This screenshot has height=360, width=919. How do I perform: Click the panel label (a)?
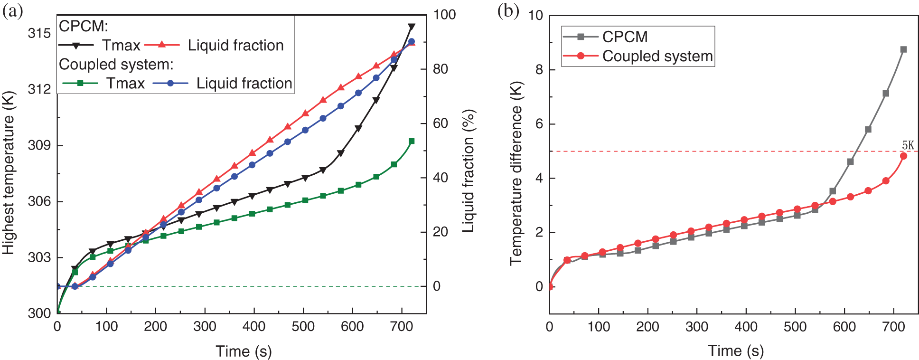click(x=13, y=11)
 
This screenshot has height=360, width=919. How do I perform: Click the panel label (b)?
click(x=508, y=11)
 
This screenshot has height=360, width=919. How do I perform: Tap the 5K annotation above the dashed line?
click(x=908, y=145)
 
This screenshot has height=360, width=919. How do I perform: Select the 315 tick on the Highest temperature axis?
click(x=39, y=33)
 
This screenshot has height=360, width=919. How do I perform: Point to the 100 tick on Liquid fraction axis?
click(x=444, y=15)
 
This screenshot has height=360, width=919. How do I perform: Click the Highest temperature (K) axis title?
click(x=9, y=173)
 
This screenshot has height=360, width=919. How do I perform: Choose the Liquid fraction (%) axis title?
click(x=468, y=171)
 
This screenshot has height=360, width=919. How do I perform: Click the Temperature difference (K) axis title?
click(x=516, y=174)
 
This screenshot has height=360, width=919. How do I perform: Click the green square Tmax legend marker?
click(x=80, y=83)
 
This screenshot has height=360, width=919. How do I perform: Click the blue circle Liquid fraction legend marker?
click(x=170, y=83)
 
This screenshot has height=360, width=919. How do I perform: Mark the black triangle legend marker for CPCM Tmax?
click(x=76, y=45)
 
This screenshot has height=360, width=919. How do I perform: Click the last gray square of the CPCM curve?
click(x=903, y=49)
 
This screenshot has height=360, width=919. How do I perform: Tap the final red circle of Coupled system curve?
click(x=903, y=156)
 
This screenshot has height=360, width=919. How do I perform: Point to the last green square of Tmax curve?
click(x=412, y=141)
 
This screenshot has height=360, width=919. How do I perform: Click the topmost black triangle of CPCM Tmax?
click(x=412, y=27)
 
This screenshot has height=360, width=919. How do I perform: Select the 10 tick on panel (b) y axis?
click(x=535, y=15)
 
